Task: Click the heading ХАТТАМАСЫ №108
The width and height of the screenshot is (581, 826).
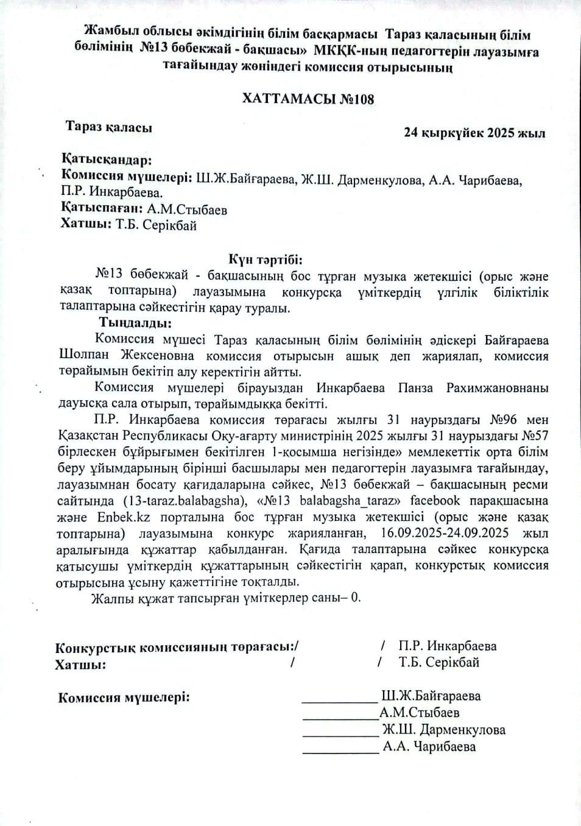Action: tap(308, 99)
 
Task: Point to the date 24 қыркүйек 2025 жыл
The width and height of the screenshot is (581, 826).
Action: tap(474, 133)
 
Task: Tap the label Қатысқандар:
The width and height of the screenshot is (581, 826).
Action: tap(106, 160)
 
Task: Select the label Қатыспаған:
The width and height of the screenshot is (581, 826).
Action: tap(102, 209)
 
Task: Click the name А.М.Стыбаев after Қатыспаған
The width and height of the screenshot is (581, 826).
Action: tap(187, 210)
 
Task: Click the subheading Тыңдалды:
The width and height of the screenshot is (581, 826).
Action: tap(135, 323)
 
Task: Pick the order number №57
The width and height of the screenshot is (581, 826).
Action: tap(535, 436)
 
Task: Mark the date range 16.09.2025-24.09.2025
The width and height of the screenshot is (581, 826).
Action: tap(444, 533)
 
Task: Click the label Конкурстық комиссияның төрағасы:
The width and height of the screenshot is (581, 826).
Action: tap(177, 647)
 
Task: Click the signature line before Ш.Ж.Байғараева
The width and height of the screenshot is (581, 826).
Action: tap(340, 701)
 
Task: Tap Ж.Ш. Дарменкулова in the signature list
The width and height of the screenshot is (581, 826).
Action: tap(443, 730)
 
